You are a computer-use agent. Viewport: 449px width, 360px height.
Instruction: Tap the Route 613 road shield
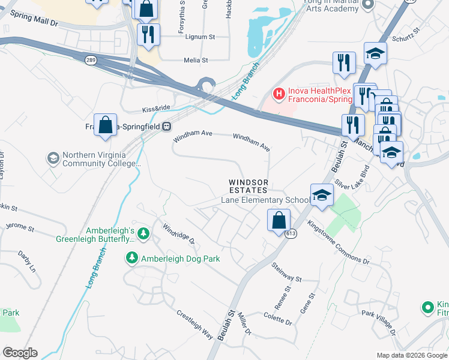pos(290,235)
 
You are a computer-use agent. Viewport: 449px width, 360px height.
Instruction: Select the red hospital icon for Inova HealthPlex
pos(279,94)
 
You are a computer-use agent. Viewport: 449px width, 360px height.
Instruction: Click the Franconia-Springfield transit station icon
pos(166,127)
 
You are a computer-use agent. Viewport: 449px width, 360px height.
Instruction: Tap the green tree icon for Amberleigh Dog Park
pos(131,258)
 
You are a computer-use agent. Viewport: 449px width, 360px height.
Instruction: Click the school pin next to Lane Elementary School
pos(321,195)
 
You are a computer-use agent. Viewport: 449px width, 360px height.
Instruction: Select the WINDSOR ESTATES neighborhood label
pos(247,186)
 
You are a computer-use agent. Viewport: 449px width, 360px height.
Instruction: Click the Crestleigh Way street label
pos(194,324)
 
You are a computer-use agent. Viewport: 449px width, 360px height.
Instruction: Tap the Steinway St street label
pos(286,272)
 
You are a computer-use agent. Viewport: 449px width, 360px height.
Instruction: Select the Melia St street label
pos(196,60)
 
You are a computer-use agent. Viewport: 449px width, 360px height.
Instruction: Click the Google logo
pos(20,352)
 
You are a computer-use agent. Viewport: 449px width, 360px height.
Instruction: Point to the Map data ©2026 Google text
pos(411,355)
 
